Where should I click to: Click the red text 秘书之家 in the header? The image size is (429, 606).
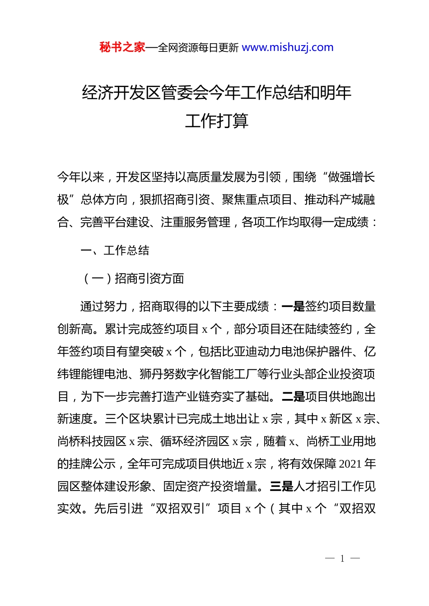click(x=122, y=47)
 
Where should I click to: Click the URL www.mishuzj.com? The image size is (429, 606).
click(x=288, y=47)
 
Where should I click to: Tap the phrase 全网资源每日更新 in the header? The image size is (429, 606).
click(x=198, y=48)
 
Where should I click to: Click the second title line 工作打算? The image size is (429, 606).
click(x=217, y=121)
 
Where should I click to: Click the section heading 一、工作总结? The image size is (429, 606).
click(x=115, y=250)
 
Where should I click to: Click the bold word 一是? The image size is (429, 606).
click(x=293, y=307)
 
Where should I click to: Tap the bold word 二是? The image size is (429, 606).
click(x=293, y=397)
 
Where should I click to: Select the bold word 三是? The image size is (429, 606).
click(x=281, y=487)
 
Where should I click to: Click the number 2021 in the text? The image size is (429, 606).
click(x=350, y=464)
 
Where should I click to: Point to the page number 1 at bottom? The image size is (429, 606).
click(x=342, y=559)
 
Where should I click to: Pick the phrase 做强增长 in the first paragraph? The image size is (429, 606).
click(x=351, y=177)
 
